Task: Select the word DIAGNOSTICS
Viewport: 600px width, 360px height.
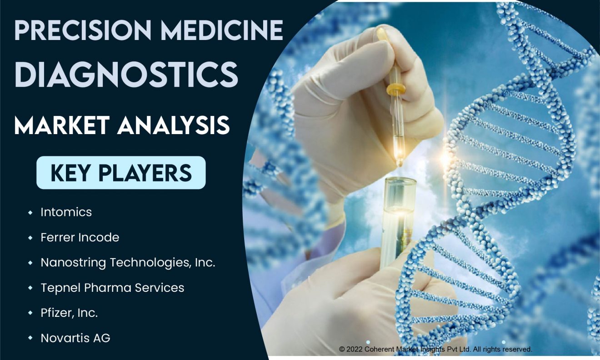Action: (126, 75)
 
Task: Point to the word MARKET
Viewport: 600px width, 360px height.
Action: (62, 125)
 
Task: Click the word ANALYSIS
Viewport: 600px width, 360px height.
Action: (174, 125)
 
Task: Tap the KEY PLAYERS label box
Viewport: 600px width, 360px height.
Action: (121, 173)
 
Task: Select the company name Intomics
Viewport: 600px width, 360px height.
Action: (66, 212)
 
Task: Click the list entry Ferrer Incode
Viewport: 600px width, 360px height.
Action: (80, 237)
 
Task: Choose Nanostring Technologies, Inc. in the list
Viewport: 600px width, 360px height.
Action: (128, 263)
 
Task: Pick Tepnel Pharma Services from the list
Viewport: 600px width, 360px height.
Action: (113, 288)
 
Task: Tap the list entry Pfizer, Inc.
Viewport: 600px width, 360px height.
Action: (69, 313)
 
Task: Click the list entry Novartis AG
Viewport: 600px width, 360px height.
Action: (75, 338)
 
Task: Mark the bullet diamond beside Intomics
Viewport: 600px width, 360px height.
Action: (30, 213)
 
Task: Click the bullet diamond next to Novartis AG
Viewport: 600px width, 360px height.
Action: (30, 338)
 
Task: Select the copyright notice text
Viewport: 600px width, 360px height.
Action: (435, 349)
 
